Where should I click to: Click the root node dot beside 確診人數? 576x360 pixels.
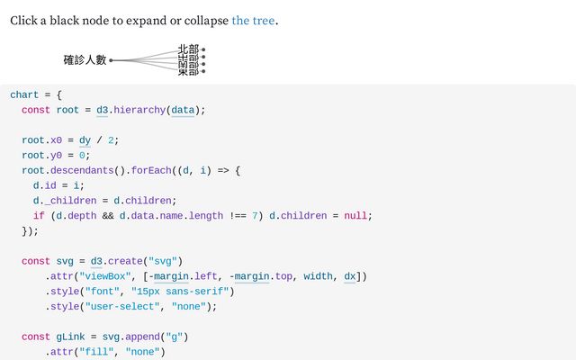coord(111,60)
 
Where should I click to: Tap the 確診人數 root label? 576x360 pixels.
coord(85,60)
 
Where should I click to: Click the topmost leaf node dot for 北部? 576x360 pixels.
coord(203,49)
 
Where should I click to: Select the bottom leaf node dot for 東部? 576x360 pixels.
coord(203,71)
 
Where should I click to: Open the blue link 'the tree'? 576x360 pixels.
coord(253,20)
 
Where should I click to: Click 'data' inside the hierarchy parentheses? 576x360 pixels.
coord(183,110)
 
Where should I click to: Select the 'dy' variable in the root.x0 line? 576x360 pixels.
coord(85,140)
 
